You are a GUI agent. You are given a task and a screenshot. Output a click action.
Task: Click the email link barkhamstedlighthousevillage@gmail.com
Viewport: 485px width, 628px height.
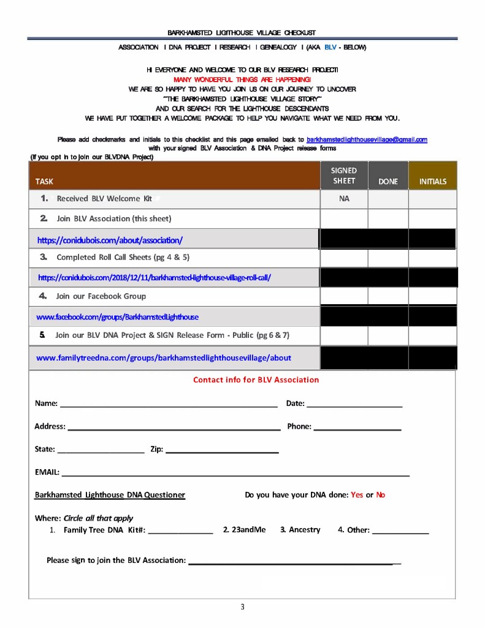[367, 140]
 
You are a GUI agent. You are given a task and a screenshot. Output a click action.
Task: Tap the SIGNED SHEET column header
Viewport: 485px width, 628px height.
[343, 175]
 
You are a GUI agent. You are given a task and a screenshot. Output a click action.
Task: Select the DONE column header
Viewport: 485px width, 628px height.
[388, 182]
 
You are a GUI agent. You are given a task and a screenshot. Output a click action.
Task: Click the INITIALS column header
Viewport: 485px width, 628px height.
[432, 182]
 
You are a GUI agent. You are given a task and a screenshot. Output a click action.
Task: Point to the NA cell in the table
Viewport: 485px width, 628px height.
[344, 199]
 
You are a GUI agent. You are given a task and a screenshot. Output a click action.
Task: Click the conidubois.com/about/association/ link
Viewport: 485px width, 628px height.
[110, 240]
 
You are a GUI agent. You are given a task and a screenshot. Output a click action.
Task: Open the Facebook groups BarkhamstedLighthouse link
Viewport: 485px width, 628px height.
[117, 317]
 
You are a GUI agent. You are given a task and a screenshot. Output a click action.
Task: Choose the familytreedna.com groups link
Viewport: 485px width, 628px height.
[164, 358]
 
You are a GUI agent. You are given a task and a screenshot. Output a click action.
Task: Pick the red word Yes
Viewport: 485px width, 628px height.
[357, 495]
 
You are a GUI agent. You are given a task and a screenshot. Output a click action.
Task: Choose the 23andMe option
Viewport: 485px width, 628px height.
[245, 529]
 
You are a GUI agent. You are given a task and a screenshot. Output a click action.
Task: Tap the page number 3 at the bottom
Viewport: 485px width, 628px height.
[242, 607]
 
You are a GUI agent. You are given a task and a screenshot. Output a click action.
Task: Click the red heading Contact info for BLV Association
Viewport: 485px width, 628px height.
[256, 380]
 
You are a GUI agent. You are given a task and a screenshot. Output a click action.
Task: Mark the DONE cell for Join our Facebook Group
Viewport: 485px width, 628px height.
[388, 296]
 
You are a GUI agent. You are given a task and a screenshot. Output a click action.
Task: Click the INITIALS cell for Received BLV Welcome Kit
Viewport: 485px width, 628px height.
[432, 199]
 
